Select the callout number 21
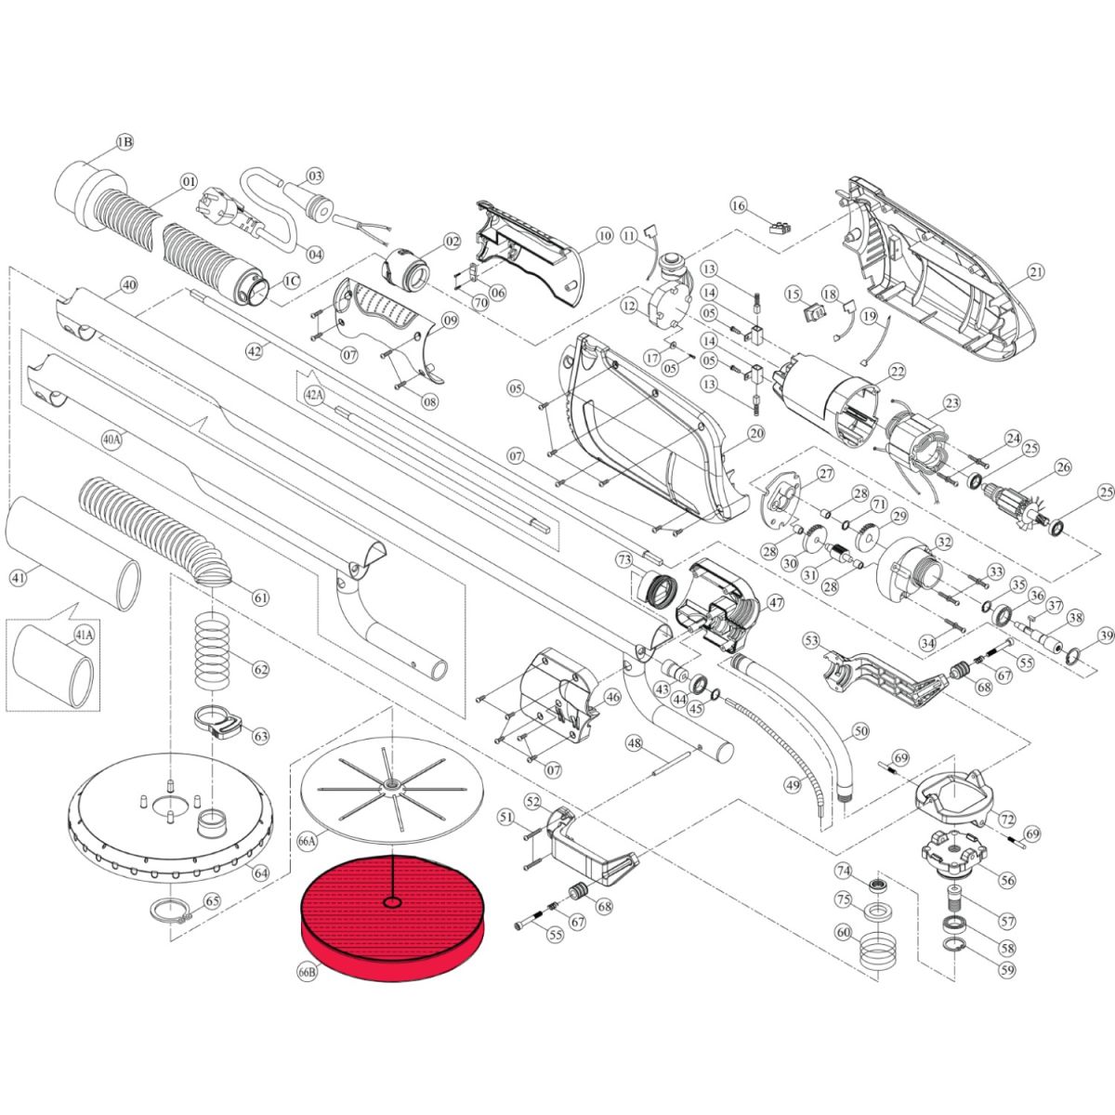(1035, 271)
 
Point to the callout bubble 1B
(125, 142)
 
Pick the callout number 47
(775, 603)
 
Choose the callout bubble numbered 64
(261, 872)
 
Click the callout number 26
(1064, 467)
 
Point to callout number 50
(861, 731)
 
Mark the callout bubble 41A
(83, 636)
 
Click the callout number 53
(812, 640)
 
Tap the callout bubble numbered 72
(1007, 820)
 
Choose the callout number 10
(605, 236)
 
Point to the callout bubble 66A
(308, 842)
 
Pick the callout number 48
(635, 743)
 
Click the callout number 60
(844, 933)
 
